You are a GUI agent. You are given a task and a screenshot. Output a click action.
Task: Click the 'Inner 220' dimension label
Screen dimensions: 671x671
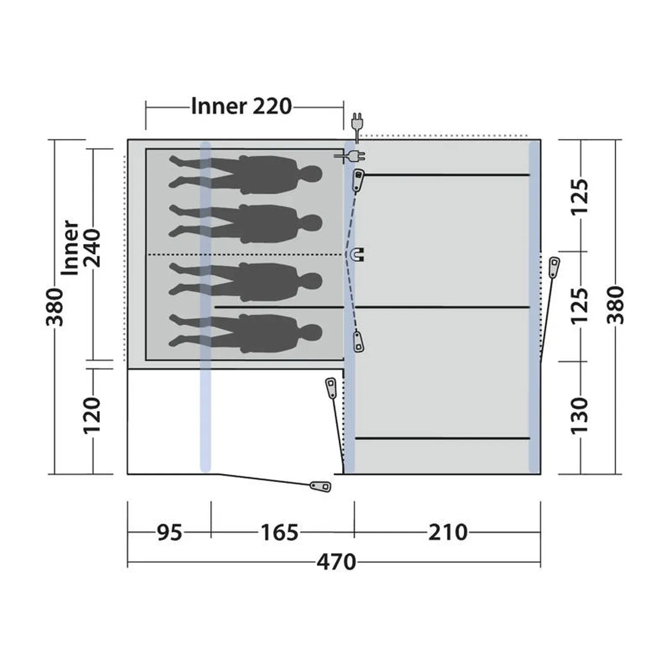242,106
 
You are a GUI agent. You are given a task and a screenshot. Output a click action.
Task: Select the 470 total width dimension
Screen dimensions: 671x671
336,562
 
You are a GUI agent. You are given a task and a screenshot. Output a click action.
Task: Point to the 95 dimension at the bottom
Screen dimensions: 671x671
170,532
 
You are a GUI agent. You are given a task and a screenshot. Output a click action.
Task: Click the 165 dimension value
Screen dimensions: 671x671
280,532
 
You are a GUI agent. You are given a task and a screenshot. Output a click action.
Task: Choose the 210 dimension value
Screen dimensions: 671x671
448,532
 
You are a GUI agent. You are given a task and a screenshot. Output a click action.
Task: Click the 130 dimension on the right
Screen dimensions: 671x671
579,414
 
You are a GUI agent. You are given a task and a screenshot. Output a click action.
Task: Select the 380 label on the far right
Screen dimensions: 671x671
616,305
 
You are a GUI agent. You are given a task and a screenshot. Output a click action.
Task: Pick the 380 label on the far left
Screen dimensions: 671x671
56,307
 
